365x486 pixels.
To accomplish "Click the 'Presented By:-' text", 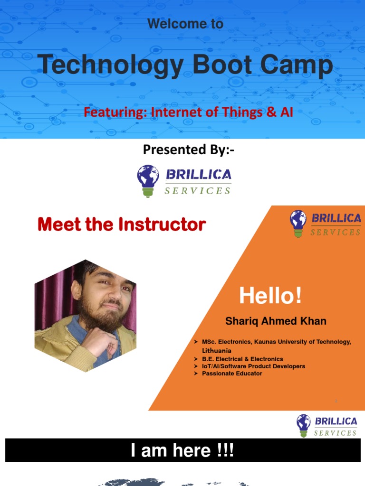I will point(189,150).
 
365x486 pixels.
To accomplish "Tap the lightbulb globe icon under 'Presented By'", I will point(148,180).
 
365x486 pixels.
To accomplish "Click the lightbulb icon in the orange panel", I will point(298,223).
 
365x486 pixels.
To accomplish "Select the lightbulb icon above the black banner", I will point(303,424).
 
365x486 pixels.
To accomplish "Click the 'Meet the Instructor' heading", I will point(122,224).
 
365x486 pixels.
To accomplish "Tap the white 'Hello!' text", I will point(270,296).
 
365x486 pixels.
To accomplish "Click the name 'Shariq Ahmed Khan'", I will point(276,321).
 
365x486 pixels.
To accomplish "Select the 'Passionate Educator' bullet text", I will point(232,374).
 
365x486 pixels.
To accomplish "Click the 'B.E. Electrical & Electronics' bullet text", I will point(242,359).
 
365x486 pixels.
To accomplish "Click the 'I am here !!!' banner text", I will point(182,451).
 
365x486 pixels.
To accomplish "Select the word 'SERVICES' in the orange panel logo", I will point(335,232).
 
